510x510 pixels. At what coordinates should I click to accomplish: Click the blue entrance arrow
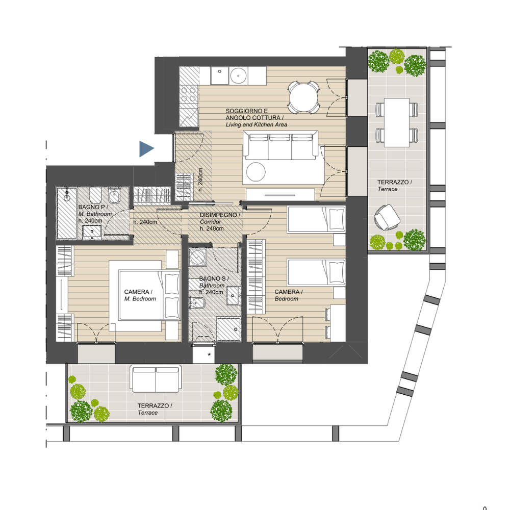coord(146,148)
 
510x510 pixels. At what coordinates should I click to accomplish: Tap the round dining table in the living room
coord(304,97)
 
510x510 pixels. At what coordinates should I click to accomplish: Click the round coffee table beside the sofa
coord(256,171)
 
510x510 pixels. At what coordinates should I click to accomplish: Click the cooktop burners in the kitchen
coord(188,94)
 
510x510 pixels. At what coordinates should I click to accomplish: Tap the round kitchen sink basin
coord(238,76)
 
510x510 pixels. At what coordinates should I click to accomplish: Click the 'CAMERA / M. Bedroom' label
coord(140,295)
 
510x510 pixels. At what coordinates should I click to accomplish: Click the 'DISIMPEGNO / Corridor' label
coord(219,218)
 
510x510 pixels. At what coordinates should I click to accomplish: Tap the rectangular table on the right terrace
coord(396,122)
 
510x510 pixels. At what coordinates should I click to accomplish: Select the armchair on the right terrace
coord(387,217)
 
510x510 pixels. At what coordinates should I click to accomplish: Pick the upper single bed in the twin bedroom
coord(316,219)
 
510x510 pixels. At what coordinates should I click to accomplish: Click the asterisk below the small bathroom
coord(209,354)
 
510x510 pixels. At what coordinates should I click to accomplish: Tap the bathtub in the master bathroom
coord(67,213)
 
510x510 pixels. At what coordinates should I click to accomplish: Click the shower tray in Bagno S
coord(229,329)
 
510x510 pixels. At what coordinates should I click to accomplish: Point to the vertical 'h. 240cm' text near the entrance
coord(200,180)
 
